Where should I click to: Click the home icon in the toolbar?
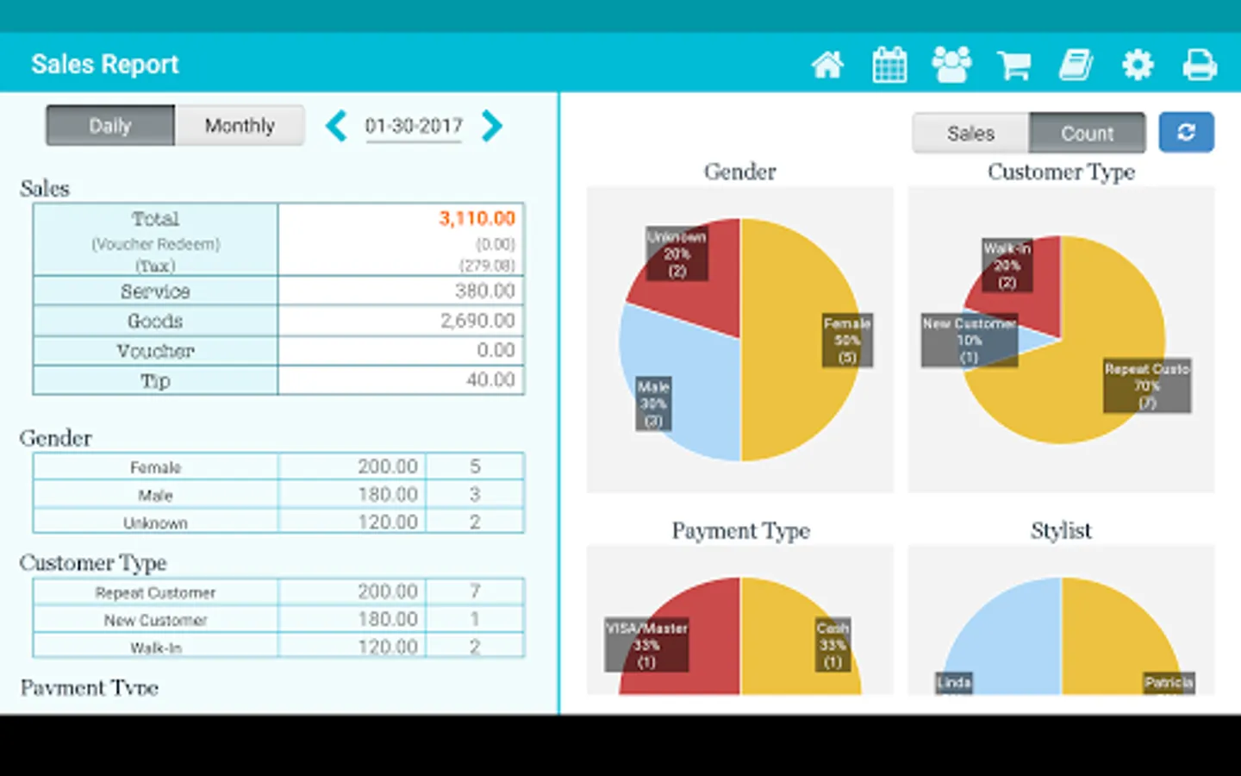tap(827, 65)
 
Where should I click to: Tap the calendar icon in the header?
tap(889, 65)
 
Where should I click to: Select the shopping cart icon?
tap(1013, 65)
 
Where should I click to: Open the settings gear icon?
tap(1138, 65)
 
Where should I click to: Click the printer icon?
tap(1200, 65)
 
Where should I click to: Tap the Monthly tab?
tap(240, 126)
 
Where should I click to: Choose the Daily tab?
tap(110, 126)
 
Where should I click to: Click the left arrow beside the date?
tap(336, 126)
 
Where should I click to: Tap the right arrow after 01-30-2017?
tap(491, 126)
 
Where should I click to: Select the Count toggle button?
tap(1087, 133)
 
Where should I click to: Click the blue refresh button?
tap(1186, 132)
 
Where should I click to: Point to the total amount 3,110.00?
tap(477, 218)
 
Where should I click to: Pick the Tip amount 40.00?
tap(490, 380)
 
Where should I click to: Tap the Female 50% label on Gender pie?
tap(847, 340)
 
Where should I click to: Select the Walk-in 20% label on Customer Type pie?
tap(1007, 266)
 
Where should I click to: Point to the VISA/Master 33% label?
tap(646, 645)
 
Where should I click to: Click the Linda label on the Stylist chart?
tap(954, 683)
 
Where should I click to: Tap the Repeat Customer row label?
tap(155, 592)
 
